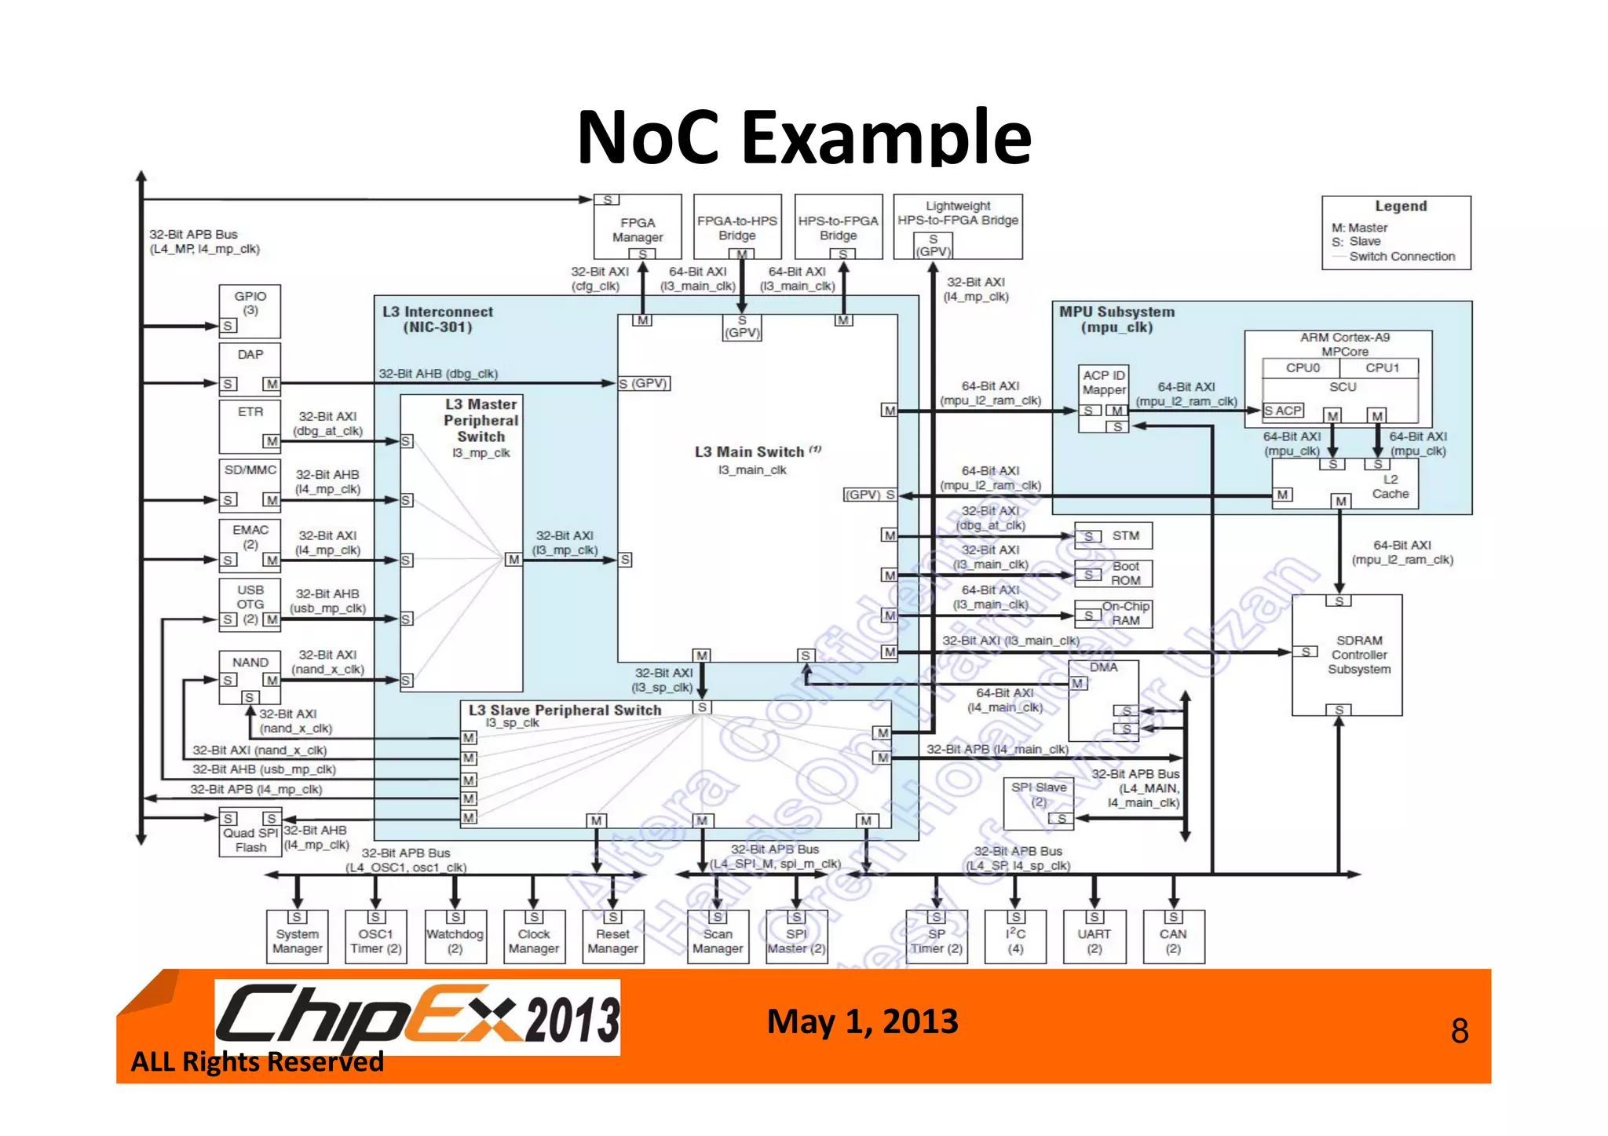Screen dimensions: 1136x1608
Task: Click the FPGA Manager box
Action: tap(637, 228)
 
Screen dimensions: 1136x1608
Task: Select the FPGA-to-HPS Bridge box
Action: tap(737, 227)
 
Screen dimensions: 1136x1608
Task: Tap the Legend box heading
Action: tap(1400, 206)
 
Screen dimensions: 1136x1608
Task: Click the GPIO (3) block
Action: tap(250, 311)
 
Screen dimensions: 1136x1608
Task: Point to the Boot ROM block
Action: tap(1124, 573)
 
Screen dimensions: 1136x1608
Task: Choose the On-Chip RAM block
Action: tap(1124, 613)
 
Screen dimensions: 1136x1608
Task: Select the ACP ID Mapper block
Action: tap(1104, 383)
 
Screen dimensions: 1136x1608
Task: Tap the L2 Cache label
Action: tap(1390, 487)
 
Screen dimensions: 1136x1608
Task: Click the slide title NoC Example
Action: tap(803, 137)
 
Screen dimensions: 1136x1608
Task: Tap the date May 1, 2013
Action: tap(862, 1021)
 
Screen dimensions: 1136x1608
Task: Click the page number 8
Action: tap(1459, 1031)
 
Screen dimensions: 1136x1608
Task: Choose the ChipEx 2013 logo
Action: tap(417, 1017)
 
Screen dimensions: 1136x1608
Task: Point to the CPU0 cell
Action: tap(1302, 368)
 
